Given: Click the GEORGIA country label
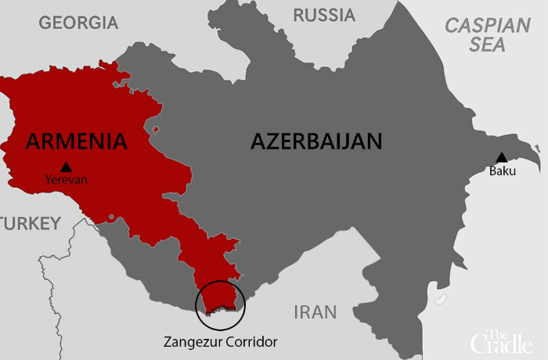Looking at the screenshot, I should coord(78,23).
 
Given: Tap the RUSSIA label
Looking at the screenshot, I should coord(323,15).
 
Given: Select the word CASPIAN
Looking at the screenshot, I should coord(487,25).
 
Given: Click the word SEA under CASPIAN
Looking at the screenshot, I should coord(487,45).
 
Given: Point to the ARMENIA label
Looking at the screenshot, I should coord(76,142).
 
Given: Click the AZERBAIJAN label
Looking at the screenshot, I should coord(316,142).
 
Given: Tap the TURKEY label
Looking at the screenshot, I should coord(30,225).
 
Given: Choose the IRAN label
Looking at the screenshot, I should coord(315,313).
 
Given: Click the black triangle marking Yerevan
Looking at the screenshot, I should coord(66,166).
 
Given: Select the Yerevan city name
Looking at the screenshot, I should coord(66,180).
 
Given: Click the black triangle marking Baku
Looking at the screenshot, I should coord(502,157).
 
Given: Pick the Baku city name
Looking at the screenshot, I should coord(502,171).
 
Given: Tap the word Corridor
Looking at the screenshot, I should coord(249,342).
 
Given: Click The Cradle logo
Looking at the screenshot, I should coord(502,340).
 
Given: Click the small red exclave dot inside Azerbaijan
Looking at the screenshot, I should coord(157,129).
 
